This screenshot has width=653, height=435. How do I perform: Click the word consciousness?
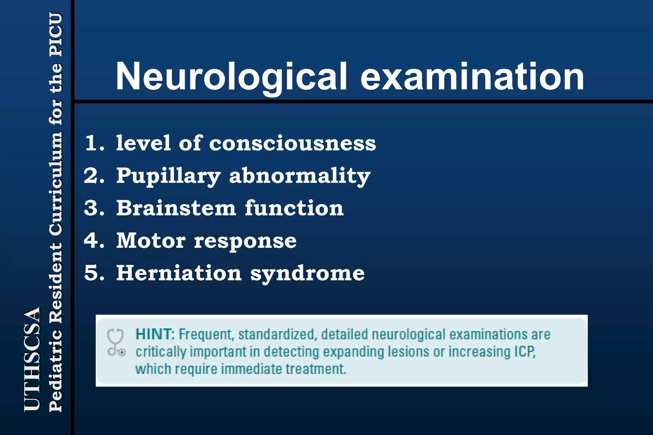[292, 143]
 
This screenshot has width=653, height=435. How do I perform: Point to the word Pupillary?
[168, 176]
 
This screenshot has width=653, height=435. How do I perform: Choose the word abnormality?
[300, 176]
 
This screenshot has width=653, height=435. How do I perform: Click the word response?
[245, 241]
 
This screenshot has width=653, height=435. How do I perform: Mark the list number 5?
[94, 273]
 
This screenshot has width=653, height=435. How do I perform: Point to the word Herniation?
[179, 273]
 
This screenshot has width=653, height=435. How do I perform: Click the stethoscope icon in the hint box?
[116, 342]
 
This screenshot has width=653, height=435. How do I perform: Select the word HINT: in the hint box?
[155, 334]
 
